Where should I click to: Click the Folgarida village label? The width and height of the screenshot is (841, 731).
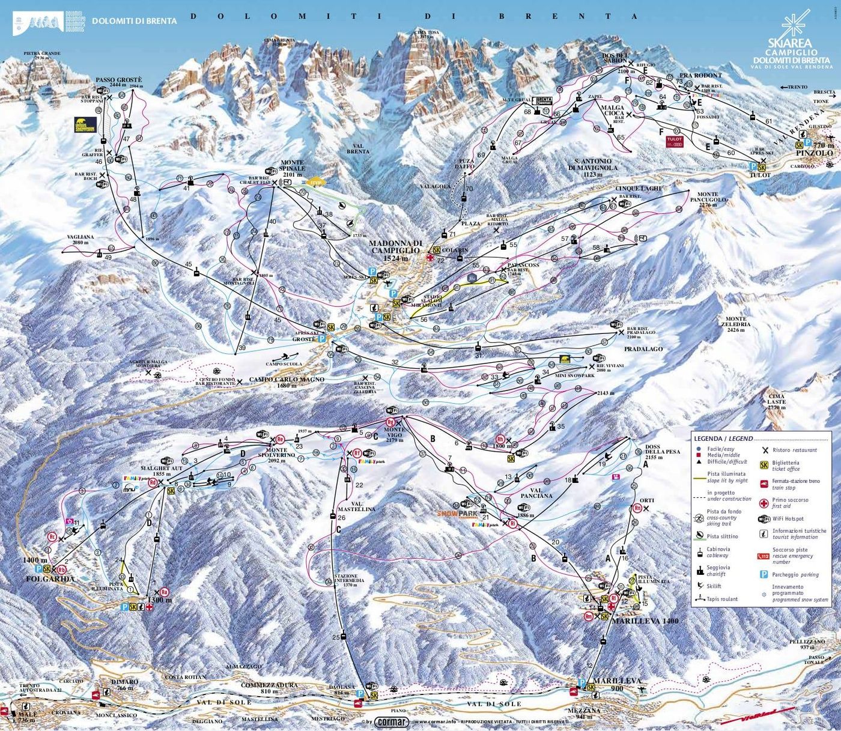coord(50,579)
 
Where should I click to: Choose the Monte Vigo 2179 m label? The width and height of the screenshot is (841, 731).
coord(394,434)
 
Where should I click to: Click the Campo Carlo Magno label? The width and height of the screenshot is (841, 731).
coord(287,380)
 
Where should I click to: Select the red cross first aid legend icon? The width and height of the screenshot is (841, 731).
coord(764,503)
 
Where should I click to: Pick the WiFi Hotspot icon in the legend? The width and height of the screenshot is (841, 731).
coord(764,519)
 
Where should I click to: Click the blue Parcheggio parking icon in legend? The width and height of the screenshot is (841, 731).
coord(764,574)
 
